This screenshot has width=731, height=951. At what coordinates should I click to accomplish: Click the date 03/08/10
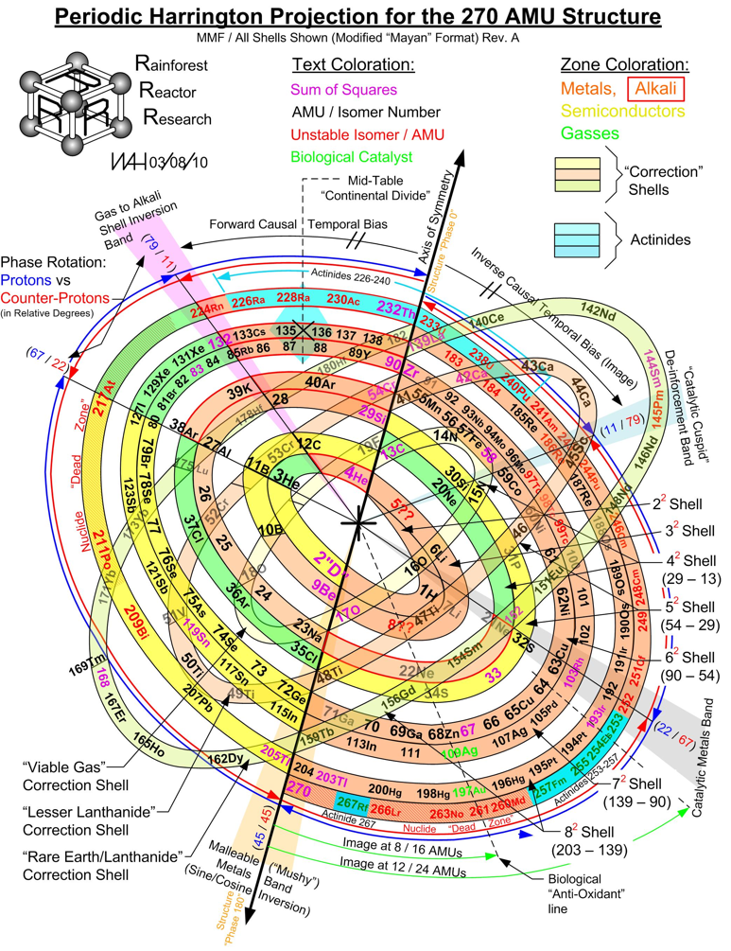[x=177, y=162]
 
